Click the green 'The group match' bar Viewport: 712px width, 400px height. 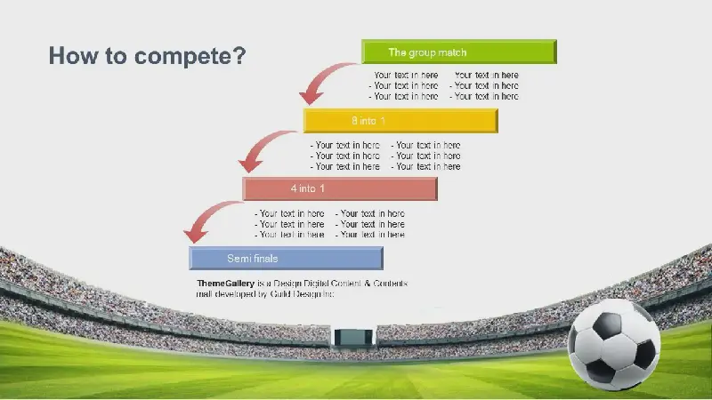pos(459,52)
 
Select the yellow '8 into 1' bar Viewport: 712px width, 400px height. pos(400,121)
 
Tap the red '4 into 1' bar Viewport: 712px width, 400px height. pos(340,188)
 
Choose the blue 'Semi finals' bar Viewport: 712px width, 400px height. pos(286,258)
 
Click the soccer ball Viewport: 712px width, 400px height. pos(614,344)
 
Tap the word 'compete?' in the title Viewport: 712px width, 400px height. pos(190,56)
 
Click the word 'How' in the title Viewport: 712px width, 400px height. pos(74,55)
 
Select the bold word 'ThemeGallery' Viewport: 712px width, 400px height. pos(226,284)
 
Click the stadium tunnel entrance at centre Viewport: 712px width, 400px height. pos(353,338)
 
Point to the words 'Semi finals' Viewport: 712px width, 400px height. pos(253,259)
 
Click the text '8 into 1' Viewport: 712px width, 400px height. pos(368,121)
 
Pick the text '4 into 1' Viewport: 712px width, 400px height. pos(308,188)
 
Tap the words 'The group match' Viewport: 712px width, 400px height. pos(427,52)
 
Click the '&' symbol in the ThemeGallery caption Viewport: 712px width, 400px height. pos(368,284)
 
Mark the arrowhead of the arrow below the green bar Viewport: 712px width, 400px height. pos(311,97)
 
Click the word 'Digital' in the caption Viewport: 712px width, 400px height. pos(316,284)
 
